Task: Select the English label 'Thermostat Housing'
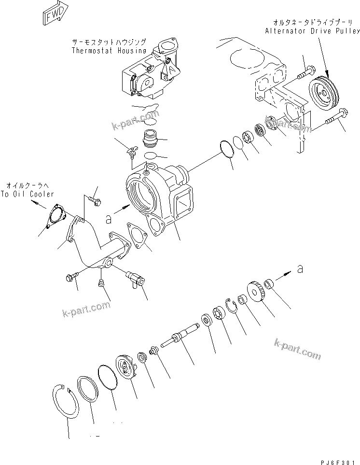pyautogui.click(x=109, y=50)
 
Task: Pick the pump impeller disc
pyautogui.click(x=127, y=367)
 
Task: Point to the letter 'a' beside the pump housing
pyautogui.click(x=109, y=219)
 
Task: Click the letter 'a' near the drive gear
pyautogui.click(x=300, y=269)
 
